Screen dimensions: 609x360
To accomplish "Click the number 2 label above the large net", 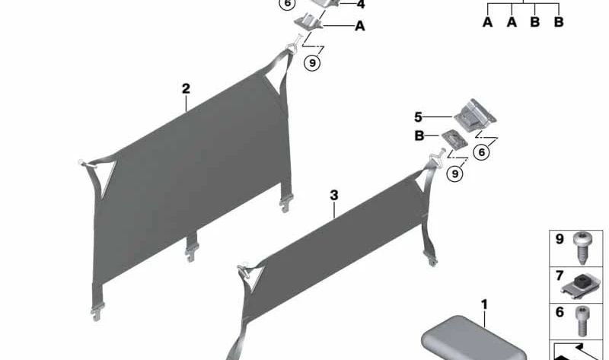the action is [186, 89].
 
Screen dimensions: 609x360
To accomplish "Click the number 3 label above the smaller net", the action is [334, 196].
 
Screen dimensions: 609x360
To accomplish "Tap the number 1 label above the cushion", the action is [484, 304].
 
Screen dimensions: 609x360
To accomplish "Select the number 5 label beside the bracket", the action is [418, 117].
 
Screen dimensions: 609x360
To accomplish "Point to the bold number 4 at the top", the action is [361, 5].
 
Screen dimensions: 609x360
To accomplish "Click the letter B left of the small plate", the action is [419, 136].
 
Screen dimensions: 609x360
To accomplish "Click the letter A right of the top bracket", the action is [360, 26].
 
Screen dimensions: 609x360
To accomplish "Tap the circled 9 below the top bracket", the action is [312, 62].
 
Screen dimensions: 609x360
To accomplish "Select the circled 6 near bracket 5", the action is [482, 152].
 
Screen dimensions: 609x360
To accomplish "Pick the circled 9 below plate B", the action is [454, 174].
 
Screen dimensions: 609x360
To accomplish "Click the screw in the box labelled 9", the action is [581, 248].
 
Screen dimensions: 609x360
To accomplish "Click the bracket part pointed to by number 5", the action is [475, 115].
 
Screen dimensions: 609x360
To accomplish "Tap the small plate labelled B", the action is [454, 139].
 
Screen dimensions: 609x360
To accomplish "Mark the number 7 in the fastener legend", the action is [560, 276].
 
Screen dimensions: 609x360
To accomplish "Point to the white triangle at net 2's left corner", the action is [105, 175].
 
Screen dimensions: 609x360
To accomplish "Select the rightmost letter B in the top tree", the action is [559, 22].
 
